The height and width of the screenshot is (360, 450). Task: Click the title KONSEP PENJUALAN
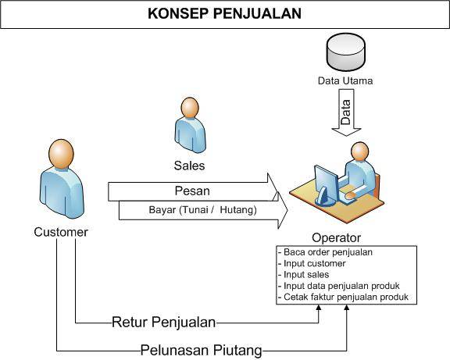tap(224, 14)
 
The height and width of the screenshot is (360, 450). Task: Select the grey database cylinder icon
tap(346, 52)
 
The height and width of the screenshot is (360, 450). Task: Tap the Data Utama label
tap(345, 80)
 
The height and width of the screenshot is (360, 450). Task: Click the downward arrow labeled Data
tap(346, 112)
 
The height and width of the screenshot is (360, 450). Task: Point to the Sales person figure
tap(191, 126)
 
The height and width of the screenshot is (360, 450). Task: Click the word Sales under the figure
tap(189, 166)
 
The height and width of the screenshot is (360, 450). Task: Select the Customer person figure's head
tap(61, 154)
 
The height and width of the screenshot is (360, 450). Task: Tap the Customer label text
tap(61, 232)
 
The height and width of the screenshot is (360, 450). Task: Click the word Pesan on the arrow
tap(192, 191)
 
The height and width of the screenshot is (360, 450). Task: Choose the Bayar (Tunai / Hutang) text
tap(202, 210)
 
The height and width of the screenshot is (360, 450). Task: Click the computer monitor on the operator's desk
tap(327, 185)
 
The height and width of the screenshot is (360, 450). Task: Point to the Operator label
tap(337, 238)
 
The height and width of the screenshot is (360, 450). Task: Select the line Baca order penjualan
tap(325, 252)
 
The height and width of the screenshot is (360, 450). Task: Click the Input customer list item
tap(312, 263)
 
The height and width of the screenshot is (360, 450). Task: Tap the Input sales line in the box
tap(303, 275)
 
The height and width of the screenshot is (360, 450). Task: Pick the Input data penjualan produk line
tap(338, 286)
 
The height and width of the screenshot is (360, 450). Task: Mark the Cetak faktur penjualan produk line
tap(343, 297)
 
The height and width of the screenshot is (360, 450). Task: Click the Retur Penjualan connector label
tap(163, 323)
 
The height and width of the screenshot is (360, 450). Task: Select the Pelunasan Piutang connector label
tap(202, 351)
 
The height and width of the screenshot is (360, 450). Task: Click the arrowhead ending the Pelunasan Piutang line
tap(347, 308)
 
